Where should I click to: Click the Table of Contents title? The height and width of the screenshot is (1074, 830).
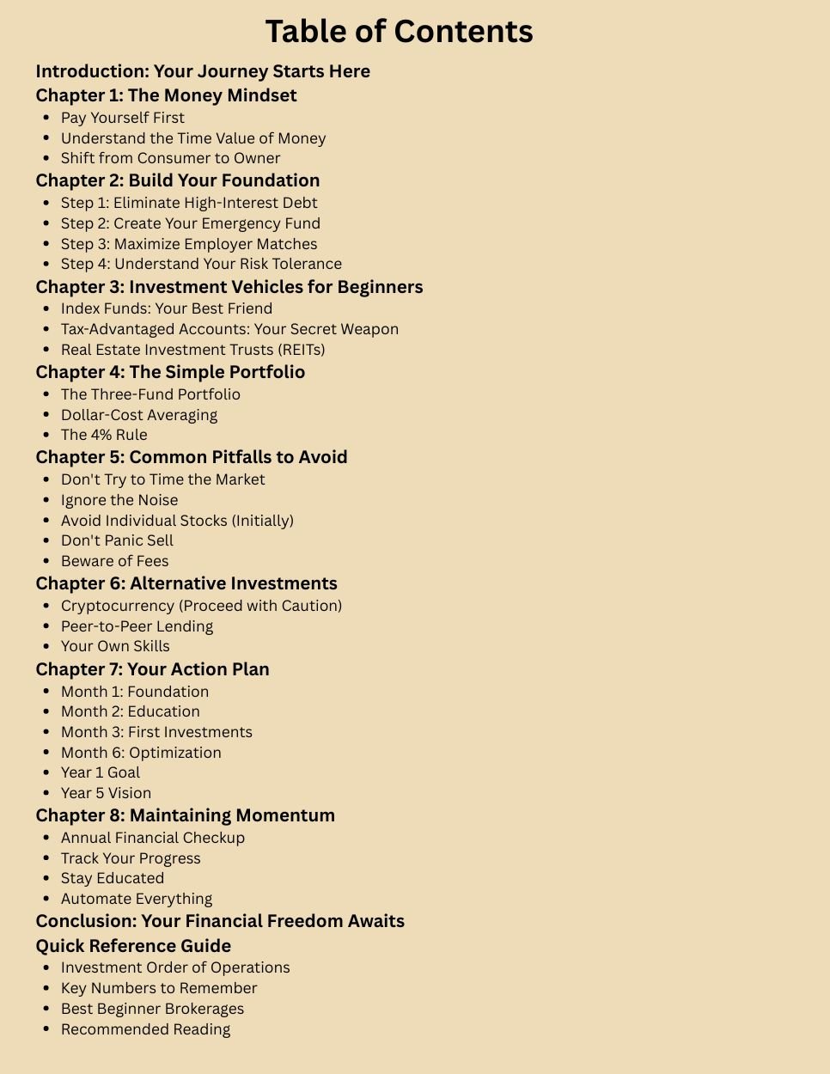pyautogui.click(x=399, y=32)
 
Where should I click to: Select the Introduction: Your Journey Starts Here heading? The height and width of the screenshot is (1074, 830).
pyautogui.click(x=203, y=71)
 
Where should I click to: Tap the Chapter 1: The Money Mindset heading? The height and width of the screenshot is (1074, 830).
pyautogui.click(x=166, y=95)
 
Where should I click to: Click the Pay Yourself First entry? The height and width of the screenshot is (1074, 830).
pyautogui.click(x=122, y=118)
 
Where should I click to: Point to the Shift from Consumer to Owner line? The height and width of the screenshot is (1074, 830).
pyautogui.click(x=170, y=158)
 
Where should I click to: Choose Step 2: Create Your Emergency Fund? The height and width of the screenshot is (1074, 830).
pyautogui.click(x=190, y=223)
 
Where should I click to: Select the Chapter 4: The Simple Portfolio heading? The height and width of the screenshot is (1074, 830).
pyautogui.click(x=170, y=372)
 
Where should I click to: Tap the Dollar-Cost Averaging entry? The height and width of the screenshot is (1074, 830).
pyautogui.click(x=138, y=415)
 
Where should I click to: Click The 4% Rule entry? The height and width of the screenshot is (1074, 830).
pyautogui.click(x=104, y=435)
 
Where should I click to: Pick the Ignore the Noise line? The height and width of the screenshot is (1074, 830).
pyautogui.click(x=119, y=500)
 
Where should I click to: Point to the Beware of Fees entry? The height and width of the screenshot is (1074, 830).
pyautogui.click(x=114, y=561)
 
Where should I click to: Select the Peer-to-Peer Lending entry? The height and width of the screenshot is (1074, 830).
pyautogui.click(x=137, y=626)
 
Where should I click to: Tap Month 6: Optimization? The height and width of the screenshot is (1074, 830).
pyautogui.click(x=141, y=753)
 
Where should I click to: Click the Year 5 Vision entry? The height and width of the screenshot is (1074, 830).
pyautogui.click(x=106, y=793)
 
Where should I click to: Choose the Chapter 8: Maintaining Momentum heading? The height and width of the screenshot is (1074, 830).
pyautogui.click(x=185, y=815)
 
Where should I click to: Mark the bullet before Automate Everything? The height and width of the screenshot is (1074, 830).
pyautogui.click(x=46, y=899)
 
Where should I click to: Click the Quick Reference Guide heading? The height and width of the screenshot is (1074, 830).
pyautogui.click(x=133, y=946)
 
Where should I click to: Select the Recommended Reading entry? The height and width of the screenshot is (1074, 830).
pyautogui.click(x=145, y=1029)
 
